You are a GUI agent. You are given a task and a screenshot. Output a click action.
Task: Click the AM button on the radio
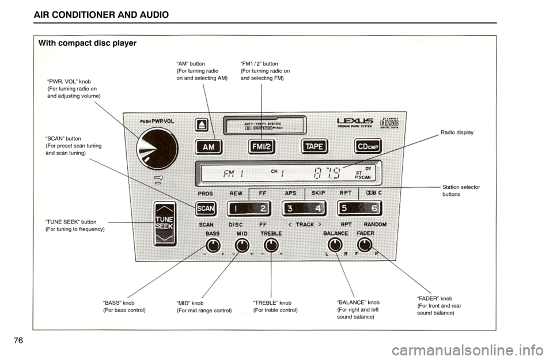click(x=209, y=147)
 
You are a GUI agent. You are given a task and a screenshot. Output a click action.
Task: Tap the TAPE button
click(x=314, y=146)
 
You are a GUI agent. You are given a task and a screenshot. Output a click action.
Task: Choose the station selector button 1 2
click(x=248, y=208)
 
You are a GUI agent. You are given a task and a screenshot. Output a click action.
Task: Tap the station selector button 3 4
click(x=304, y=208)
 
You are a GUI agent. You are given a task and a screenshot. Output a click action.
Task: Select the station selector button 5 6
click(x=359, y=208)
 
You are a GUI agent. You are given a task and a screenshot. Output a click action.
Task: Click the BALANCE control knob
click(x=335, y=245)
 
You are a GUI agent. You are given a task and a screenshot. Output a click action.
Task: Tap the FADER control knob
click(x=365, y=245)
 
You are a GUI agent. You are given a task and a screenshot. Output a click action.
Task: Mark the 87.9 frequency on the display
click(x=327, y=172)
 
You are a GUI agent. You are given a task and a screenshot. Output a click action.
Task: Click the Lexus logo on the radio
click(x=355, y=122)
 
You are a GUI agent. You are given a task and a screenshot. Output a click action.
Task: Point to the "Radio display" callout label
click(x=457, y=132)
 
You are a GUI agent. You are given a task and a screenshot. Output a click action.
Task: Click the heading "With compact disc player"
click(x=87, y=43)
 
